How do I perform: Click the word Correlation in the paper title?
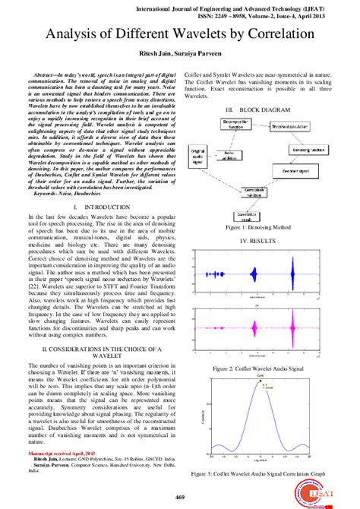point(270,34)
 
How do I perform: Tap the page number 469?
point(180,497)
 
